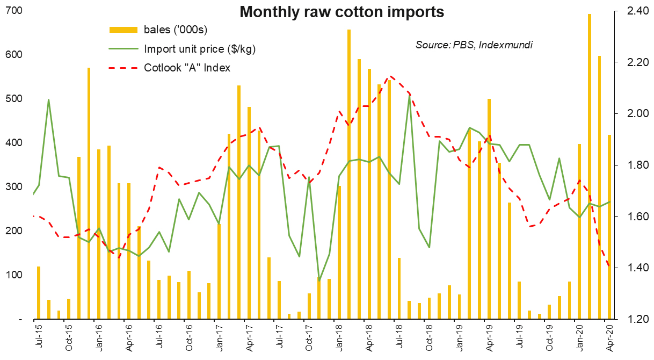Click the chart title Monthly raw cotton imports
341,12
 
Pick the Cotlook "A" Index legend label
187,68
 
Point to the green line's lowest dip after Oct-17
319,280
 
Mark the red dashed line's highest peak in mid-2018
391,76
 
